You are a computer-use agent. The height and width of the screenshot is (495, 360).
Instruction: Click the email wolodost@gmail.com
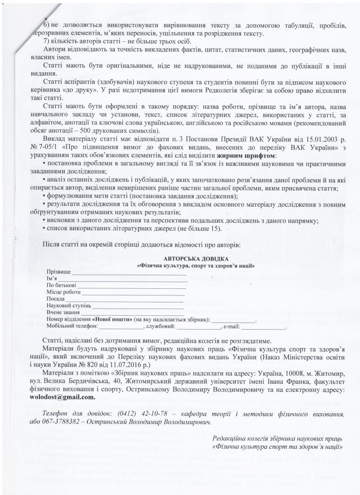pyautogui.click(x=68, y=398)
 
